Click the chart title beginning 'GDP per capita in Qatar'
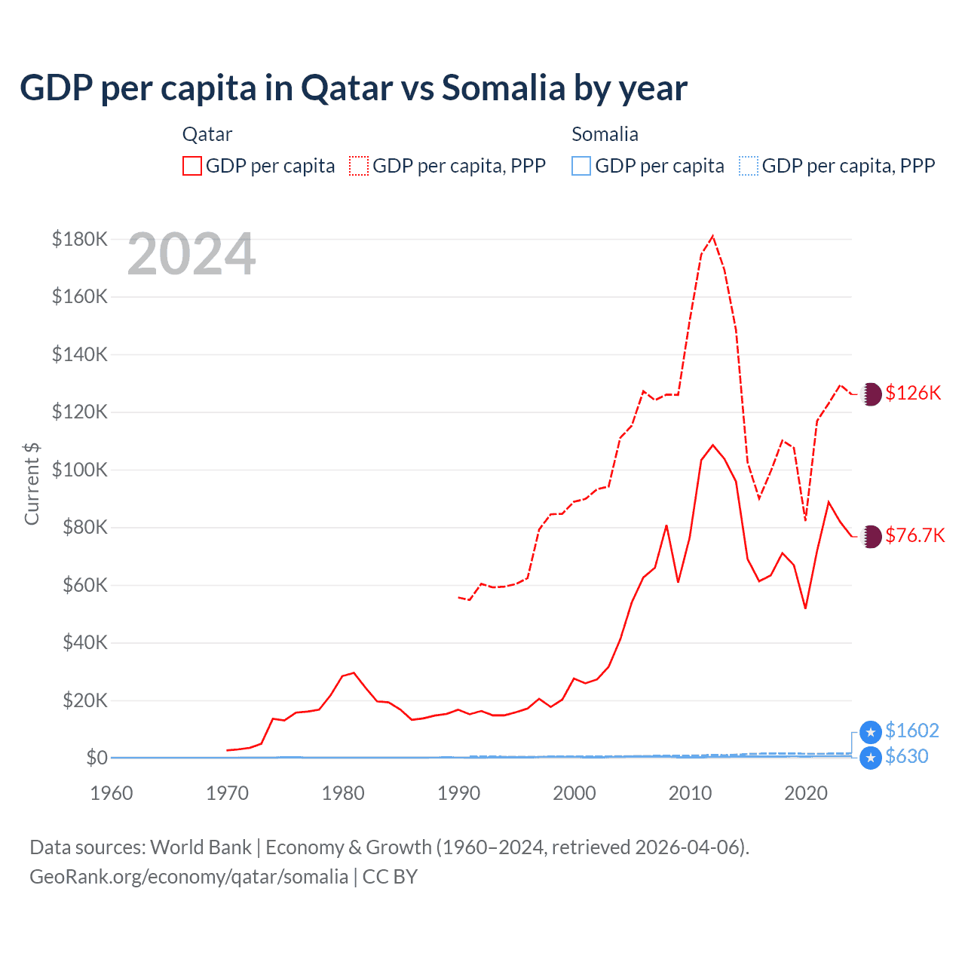[x=353, y=88]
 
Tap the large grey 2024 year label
[x=191, y=255]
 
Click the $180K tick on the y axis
[x=80, y=239]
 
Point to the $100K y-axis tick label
[x=80, y=470]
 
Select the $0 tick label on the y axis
[x=96, y=758]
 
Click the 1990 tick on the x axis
[x=458, y=793]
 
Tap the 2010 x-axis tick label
[x=690, y=793]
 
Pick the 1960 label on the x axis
[x=112, y=793]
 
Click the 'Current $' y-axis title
[x=32, y=483]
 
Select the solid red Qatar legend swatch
[x=192, y=166]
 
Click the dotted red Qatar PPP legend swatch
[x=360, y=166]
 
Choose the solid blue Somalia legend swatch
[x=581, y=166]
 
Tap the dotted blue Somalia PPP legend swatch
[x=749, y=166]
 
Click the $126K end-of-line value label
[x=913, y=393]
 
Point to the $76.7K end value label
[x=914, y=535]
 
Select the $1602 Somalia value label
[x=912, y=731]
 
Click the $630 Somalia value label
[x=907, y=756]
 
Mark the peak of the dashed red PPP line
[x=713, y=236]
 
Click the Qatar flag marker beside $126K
[x=871, y=394]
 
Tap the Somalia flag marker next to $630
[x=871, y=758]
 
